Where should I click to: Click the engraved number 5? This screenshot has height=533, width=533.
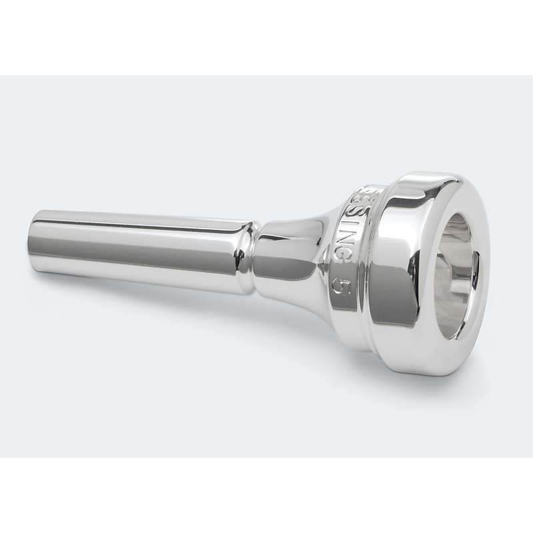(x=340, y=284)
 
